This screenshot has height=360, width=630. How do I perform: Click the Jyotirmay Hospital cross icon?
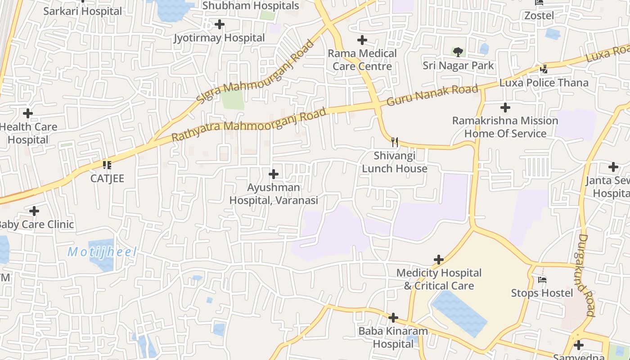point(220,24)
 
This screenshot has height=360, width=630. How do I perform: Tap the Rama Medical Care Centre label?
point(362,60)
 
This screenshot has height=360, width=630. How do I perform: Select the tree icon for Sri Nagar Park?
point(458,52)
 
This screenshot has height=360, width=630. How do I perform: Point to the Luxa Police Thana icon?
point(544,69)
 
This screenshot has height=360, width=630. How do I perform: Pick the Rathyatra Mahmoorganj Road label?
point(249,125)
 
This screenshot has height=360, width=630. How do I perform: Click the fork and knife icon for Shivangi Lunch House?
point(395,142)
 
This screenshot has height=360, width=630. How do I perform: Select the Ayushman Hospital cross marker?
point(273,174)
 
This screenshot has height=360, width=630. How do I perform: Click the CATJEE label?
point(107,179)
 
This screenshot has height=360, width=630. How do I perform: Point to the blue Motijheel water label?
point(102,252)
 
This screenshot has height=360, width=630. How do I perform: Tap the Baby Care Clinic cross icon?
point(34,211)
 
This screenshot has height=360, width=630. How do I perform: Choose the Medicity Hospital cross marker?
point(439,260)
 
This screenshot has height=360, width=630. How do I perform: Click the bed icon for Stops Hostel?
point(542,280)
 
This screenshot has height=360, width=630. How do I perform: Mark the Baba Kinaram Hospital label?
point(393,338)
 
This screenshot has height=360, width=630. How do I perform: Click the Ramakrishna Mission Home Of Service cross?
point(505,108)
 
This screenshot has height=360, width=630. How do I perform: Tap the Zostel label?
point(539,16)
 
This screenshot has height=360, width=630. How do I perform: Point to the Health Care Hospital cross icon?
point(28,113)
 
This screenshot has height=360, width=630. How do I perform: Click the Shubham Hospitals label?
point(251,6)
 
